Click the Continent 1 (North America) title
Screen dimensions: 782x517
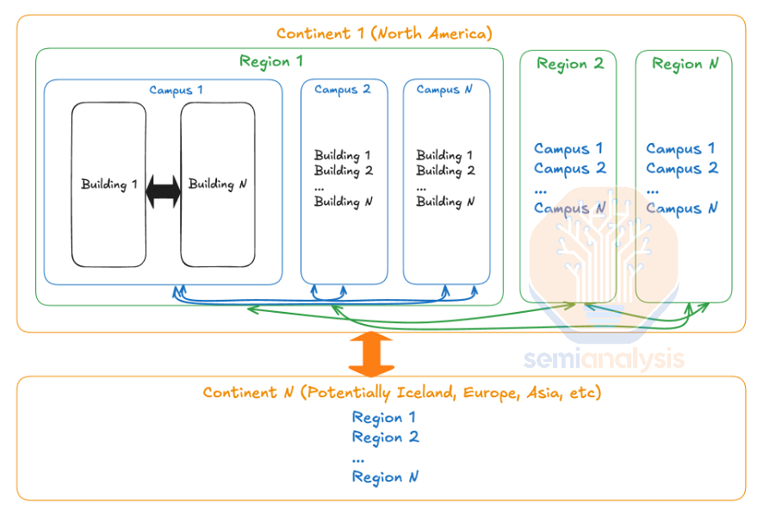[x=384, y=34]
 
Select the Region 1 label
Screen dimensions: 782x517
[x=270, y=61]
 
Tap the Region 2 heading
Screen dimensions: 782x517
[x=570, y=64]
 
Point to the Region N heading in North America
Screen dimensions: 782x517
[x=686, y=64]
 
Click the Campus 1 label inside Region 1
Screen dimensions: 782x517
[x=176, y=90]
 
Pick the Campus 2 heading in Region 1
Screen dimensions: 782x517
[x=343, y=90]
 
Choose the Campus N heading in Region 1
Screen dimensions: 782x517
[x=444, y=90]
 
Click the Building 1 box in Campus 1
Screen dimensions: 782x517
[x=109, y=184]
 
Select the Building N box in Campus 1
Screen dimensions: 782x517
[x=218, y=184]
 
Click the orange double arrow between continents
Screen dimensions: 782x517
[x=371, y=354]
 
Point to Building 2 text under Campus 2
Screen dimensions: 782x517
[x=344, y=171]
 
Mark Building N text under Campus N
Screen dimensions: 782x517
[x=445, y=202]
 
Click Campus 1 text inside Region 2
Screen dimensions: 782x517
[x=568, y=149]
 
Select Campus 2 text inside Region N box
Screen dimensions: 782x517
[x=682, y=169]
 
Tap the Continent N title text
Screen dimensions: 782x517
[x=402, y=393]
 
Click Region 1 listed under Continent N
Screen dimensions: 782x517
[x=383, y=418]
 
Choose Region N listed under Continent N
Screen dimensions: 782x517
[x=385, y=477]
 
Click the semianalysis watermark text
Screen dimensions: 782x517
[x=604, y=359]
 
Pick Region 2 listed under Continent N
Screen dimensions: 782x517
[x=386, y=438]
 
